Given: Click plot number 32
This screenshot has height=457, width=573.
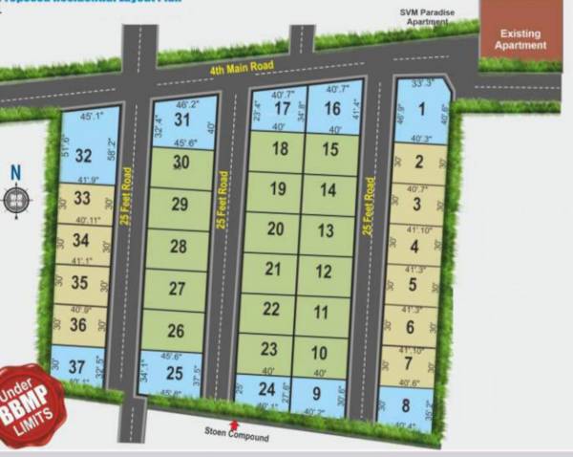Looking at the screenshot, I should point(84,156).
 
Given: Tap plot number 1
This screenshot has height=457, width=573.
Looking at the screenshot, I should point(420,108).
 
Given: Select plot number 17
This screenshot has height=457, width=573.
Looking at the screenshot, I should point(281,109).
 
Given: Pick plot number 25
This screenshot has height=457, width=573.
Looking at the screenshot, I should point(174,374).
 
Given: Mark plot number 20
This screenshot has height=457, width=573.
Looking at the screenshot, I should point(276,229).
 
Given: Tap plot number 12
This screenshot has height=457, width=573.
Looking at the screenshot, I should point(324,272).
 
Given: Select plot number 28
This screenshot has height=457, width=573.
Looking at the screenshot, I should point(178,247).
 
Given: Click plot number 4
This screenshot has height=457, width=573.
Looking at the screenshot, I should point(414,246).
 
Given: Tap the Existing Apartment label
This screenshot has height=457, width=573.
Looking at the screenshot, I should point(522,39).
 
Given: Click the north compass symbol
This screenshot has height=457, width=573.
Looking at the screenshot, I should point(16,200).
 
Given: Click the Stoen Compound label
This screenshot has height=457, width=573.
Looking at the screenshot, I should point(236,437).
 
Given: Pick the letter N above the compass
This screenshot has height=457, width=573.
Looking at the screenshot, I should point(14,173).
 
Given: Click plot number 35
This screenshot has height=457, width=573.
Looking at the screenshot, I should point(79,282).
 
